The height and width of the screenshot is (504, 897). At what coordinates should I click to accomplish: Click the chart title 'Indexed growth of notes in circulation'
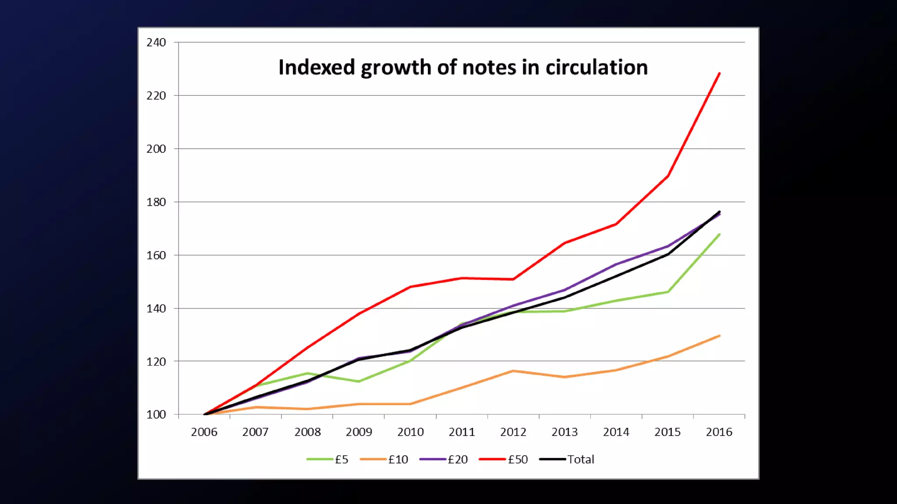point(463,68)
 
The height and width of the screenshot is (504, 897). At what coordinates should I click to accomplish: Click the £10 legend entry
point(384,459)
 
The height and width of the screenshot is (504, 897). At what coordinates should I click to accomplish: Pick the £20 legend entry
point(443,459)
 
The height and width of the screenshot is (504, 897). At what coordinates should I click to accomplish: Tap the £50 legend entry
point(503,459)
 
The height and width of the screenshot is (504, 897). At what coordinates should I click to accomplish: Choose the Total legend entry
point(567,459)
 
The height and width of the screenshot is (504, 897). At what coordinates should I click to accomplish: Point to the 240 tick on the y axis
point(156,42)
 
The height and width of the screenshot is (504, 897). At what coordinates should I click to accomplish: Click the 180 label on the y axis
point(156,202)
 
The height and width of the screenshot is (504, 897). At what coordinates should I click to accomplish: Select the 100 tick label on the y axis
point(156,414)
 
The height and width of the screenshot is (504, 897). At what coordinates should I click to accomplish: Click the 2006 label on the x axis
point(204,432)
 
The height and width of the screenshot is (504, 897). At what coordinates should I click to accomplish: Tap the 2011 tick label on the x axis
point(462,432)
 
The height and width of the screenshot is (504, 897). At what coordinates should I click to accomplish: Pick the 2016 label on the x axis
point(719,432)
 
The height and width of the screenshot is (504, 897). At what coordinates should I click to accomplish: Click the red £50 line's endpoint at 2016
point(719,73)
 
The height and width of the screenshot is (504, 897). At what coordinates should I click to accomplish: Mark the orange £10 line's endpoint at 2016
point(719,336)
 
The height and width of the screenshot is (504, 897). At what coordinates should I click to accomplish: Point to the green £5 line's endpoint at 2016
point(719,234)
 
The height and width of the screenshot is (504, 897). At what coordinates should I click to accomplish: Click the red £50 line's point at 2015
point(668,176)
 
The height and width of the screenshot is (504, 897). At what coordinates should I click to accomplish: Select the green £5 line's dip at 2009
point(359,381)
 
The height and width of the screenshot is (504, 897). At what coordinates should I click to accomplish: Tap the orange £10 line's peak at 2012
point(513,371)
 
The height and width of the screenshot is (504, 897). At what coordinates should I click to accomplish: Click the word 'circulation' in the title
point(597,68)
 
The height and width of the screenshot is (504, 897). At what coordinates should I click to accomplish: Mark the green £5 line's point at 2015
point(668,292)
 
